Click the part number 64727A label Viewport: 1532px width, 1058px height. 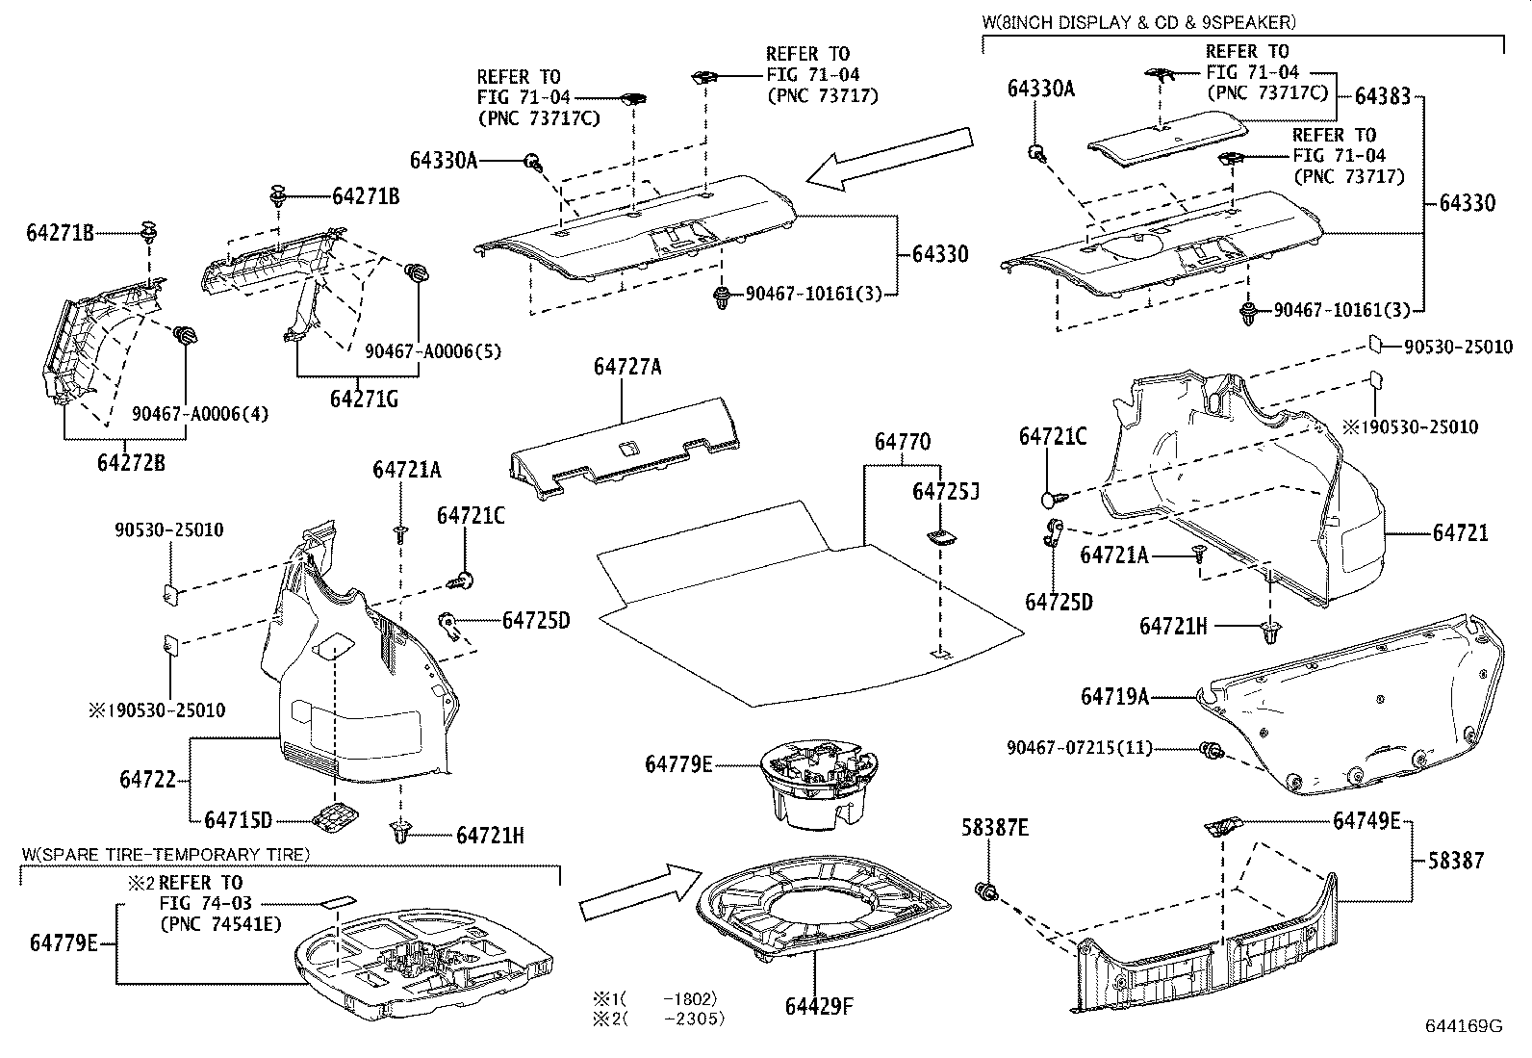click(626, 367)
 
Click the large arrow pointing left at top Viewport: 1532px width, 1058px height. click(890, 157)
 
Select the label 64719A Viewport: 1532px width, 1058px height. click(1114, 696)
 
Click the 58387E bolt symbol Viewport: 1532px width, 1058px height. click(984, 891)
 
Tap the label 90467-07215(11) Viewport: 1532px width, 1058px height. click(1079, 748)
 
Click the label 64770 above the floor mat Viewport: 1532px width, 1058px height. click(902, 442)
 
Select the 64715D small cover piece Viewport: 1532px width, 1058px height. click(334, 817)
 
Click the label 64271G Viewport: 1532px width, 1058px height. click(363, 399)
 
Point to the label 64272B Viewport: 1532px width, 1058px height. click(131, 463)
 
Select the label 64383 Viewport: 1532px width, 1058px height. click(1382, 95)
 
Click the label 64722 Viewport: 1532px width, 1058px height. click(148, 779)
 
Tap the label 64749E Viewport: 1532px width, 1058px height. click(1366, 820)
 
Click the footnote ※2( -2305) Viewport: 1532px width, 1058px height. click(658, 1018)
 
